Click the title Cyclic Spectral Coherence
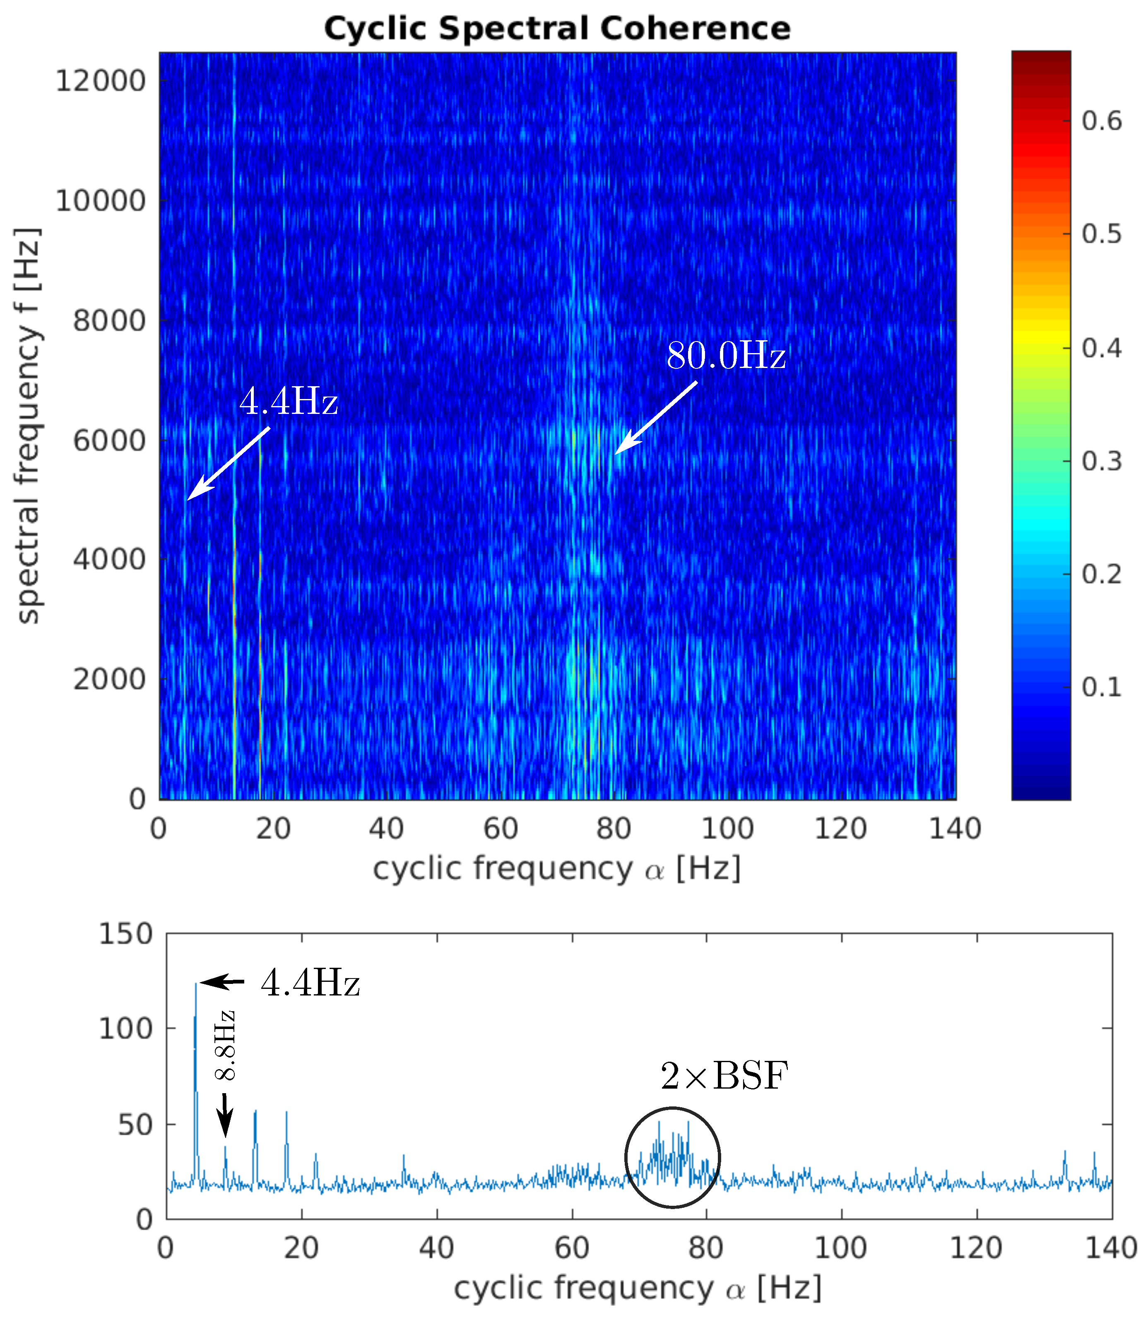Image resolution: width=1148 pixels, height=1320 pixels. point(557,29)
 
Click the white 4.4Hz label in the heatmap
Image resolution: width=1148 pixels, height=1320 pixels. point(288,402)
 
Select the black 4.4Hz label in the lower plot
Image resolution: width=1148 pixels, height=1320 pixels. point(310,983)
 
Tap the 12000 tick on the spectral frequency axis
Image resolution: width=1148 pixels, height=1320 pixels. point(101,82)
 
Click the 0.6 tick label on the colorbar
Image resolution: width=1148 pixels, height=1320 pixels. point(1102,121)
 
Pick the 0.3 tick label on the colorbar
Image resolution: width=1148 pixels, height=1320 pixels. point(1102,461)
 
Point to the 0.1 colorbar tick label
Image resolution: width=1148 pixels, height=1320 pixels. point(1102,687)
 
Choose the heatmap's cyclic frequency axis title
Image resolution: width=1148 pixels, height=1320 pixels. point(557,870)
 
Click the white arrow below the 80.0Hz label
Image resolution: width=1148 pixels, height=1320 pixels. point(656,418)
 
